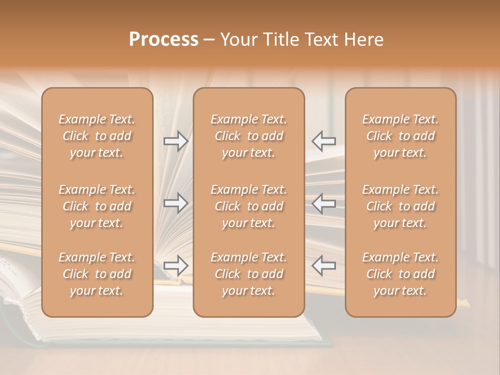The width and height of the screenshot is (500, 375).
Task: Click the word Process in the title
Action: click(164, 40)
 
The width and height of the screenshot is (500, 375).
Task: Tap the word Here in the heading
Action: click(364, 40)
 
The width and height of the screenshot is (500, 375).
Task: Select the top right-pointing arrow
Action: click(176, 141)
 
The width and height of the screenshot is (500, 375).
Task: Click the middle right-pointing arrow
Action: click(176, 203)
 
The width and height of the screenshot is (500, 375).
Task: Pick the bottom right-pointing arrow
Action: click(176, 265)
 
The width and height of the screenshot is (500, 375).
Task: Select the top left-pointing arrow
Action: click(324, 141)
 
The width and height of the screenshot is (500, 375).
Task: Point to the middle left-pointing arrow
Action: click(324, 203)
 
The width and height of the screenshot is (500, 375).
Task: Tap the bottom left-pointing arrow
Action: click(324, 265)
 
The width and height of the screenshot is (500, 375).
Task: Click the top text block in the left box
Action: click(97, 136)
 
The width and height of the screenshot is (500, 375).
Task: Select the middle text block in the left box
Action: click(97, 206)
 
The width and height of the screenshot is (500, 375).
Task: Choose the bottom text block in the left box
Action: click(97, 274)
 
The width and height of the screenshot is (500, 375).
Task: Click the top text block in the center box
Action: click(249, 136)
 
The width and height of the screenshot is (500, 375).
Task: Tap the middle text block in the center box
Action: click(249, 206)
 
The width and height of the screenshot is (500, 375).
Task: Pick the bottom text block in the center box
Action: click(249, 274)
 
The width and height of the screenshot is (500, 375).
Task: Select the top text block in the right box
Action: click(401, 136)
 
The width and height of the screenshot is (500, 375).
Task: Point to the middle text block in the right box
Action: click(401, 206)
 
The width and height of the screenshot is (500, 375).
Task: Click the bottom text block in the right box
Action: click(401, 274)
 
